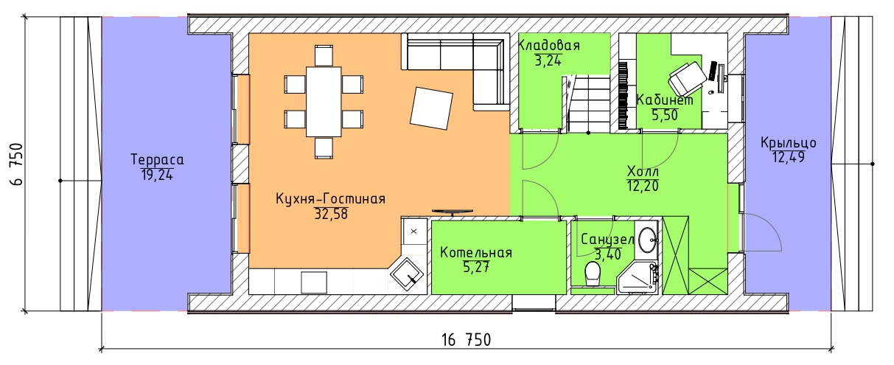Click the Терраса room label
click(x=157, y=160)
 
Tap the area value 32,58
click(x=331, y=214)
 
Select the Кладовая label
click(x=549, y=46)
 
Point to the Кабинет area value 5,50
click(x=665, y=116)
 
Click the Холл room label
click(x=643, y=172)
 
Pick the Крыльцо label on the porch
click(x=788, y=142)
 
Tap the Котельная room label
click(x=476, y=253)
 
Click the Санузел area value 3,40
click(x=608, y=254)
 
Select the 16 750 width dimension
click(x=466, y=340)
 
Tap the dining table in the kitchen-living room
click(x=324, y=102)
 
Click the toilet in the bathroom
click(x=593, y=274)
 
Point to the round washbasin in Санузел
click(x=647, y=240)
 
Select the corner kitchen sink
click(x=407, y=275)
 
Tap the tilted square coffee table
click(x=431, y=108)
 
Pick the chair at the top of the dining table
click(x=324, y=55)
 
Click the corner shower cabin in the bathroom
click(x=638, y=278)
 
